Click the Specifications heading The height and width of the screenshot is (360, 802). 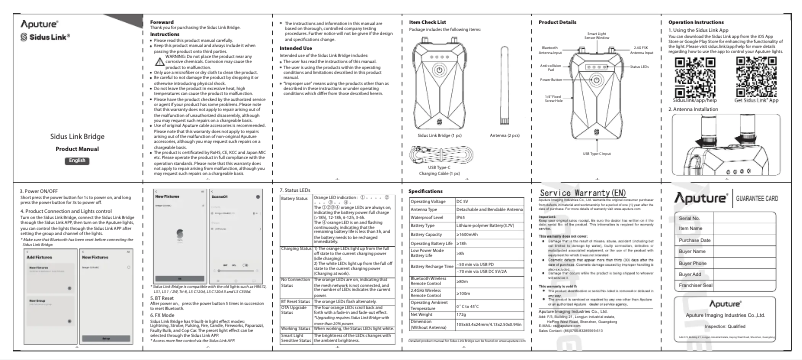(431, 190)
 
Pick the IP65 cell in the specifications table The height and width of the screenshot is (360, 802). (493, 217)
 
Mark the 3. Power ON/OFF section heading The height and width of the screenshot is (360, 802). (36, 188)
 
